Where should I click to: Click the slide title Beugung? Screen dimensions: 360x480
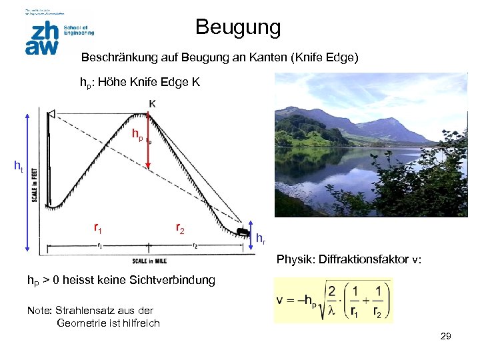(x=238, y=28)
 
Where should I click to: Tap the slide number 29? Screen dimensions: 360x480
(x=446, y=337)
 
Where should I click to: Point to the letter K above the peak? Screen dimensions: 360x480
(x=153, y=103)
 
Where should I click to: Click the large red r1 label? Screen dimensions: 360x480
(x=97, y=229)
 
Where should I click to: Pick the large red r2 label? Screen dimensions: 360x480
(x=180, y=228)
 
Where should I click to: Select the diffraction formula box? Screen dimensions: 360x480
(x=333, y=301)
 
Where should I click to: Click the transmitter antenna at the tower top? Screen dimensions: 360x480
(x=50, y=117)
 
